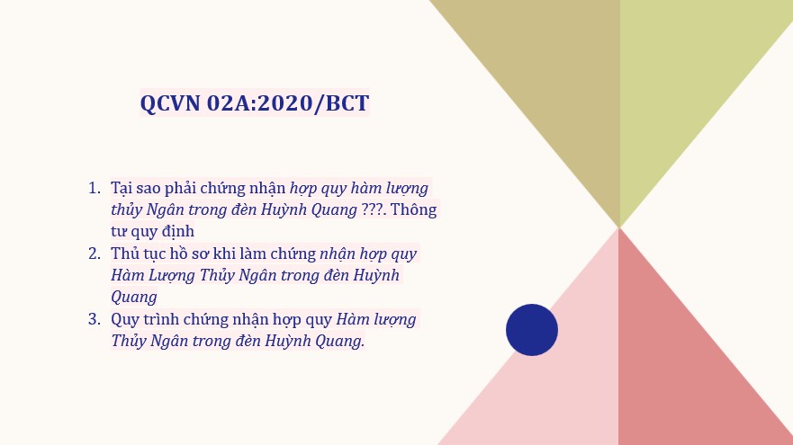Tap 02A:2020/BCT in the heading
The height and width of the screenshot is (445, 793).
[288, 103]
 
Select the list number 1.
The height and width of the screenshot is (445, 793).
[95, 188]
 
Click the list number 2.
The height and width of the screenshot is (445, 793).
[95, 254]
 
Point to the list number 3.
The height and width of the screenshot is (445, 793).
[95, 319]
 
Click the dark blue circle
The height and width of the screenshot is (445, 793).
[532, 330]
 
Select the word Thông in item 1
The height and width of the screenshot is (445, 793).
[414, 209]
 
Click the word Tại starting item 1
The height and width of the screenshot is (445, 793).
[121, 189]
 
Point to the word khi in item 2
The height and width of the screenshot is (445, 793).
[224, 254]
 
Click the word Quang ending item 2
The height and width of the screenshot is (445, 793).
[134, 297]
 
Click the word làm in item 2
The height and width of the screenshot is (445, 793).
[253, 254]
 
